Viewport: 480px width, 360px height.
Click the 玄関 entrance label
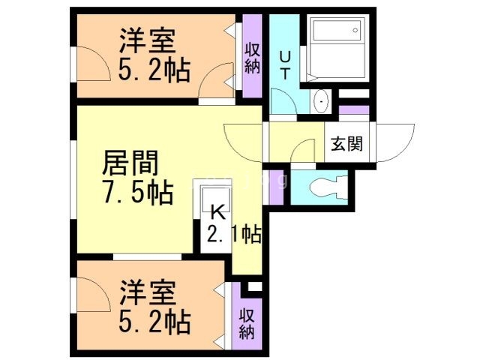(x=346, y=143)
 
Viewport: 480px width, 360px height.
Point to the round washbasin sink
(x=322, y=100)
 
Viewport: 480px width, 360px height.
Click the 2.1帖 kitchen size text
(x=233, y=235)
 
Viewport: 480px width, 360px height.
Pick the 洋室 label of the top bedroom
(x=148, y=40)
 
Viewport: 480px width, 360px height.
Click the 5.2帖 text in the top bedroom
(x=154, y=71)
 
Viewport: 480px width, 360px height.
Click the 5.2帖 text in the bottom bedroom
(x=154, y=323)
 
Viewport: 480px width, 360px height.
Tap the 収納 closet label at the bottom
(x=247, y=322)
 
